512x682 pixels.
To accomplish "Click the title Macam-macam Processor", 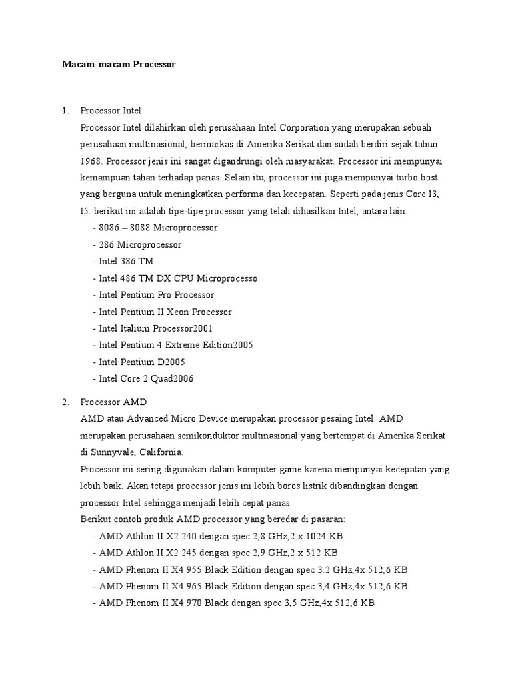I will [x=119, y=65].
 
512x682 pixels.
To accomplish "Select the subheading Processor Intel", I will [x=110, y=111].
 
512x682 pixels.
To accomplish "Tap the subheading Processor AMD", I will [x=113, y=402].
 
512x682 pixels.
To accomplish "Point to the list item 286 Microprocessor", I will [x=137, y=244].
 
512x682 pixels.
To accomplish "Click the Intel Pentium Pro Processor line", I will [x=154, y=294].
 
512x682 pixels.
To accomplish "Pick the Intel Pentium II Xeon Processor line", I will [x=163, y=312].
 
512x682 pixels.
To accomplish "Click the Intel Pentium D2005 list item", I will [x=139, y=362].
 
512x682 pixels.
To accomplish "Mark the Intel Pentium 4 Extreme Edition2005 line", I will [x=173, y=345].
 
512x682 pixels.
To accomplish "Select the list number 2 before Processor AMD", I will [x=65, y=402].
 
